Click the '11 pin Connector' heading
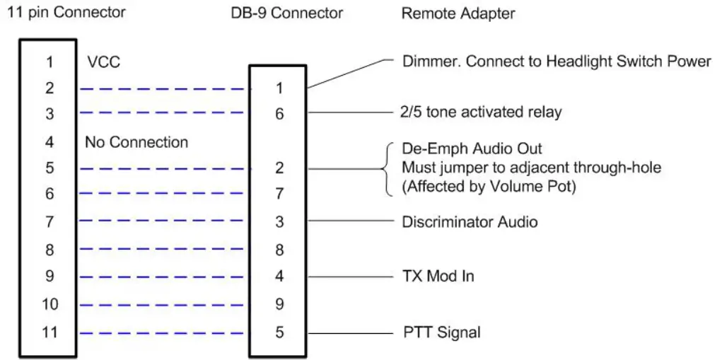(66, 12)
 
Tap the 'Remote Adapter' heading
(458, 13)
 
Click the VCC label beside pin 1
(103, 62)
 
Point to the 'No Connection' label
(136, 142)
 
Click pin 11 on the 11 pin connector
(50, 332)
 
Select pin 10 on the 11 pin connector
(50, 305)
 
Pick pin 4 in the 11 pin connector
(50, 142)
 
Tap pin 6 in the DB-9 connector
(279, 113)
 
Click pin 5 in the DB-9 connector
(279, 332)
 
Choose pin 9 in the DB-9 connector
(279, 305)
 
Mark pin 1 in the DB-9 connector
(279, 89)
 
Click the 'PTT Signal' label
(441, 332)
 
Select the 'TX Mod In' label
(438, 276)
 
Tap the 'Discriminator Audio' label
(470, 222)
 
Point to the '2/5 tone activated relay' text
(472, 112)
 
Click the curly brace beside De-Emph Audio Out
(388, 168)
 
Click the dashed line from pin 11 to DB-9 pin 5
(165, 332)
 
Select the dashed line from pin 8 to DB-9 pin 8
(165, 250)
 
